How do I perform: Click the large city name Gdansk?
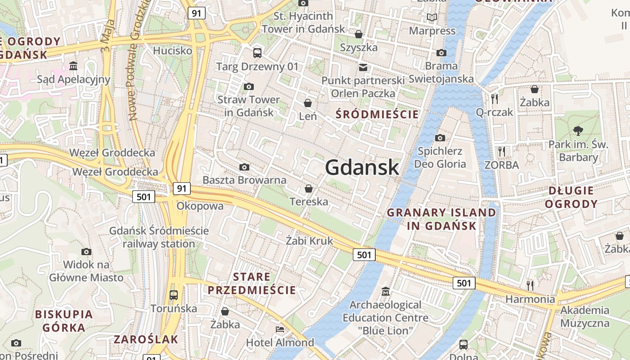tap(362, 167)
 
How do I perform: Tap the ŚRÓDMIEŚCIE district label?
tap(377, 114)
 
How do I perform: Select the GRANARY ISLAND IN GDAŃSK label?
tap(441, 219)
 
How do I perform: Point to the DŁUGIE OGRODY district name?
tap(571, 197)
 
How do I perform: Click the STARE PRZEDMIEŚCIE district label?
tap(252, 283)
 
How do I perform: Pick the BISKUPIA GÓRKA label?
tap(64, 320)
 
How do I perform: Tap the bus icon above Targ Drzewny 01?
tap(257, 53)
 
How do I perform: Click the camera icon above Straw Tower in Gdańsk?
tap(248, 86)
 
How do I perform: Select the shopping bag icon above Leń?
tap(308, 103)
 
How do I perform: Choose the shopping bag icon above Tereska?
tap(309, 189)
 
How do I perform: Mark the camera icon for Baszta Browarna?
tap(244, 167)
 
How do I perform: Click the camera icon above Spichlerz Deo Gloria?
tap(440, 138)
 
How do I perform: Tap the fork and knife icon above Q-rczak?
tap(495, 99)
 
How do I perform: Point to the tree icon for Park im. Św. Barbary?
tap(578, 131)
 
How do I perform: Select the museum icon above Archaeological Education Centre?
tap(385, 292)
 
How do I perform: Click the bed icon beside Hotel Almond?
tap(280, 329)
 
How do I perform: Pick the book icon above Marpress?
tap(432, 18)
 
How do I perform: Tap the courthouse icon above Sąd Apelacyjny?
tap(73, 67)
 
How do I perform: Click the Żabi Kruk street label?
tap(310, 241)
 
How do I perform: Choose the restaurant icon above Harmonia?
tap(530, 285)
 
